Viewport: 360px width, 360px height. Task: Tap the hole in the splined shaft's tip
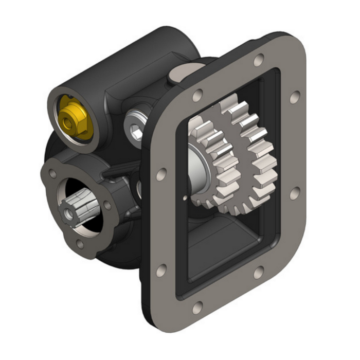[x=67, y=211]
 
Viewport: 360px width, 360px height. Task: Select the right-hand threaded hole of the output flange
[x=107, y=205]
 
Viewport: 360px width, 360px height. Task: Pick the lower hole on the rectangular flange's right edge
[x=294, y=193]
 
